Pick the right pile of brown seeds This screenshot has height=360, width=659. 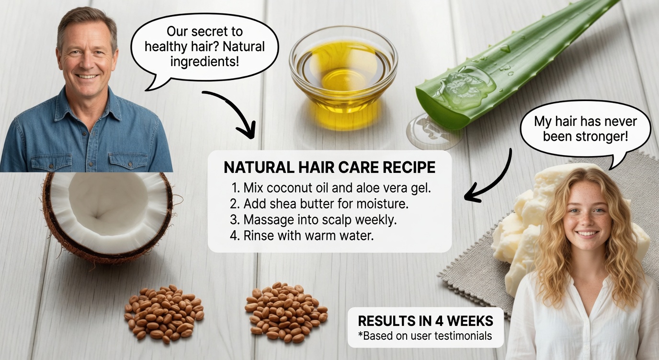click(285, 311)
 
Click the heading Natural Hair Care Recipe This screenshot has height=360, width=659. click(329, 168)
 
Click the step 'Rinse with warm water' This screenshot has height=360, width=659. click(301, 236)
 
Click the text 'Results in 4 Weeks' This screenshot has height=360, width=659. click(425, 320)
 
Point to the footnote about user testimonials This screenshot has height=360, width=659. click(425, 336)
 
